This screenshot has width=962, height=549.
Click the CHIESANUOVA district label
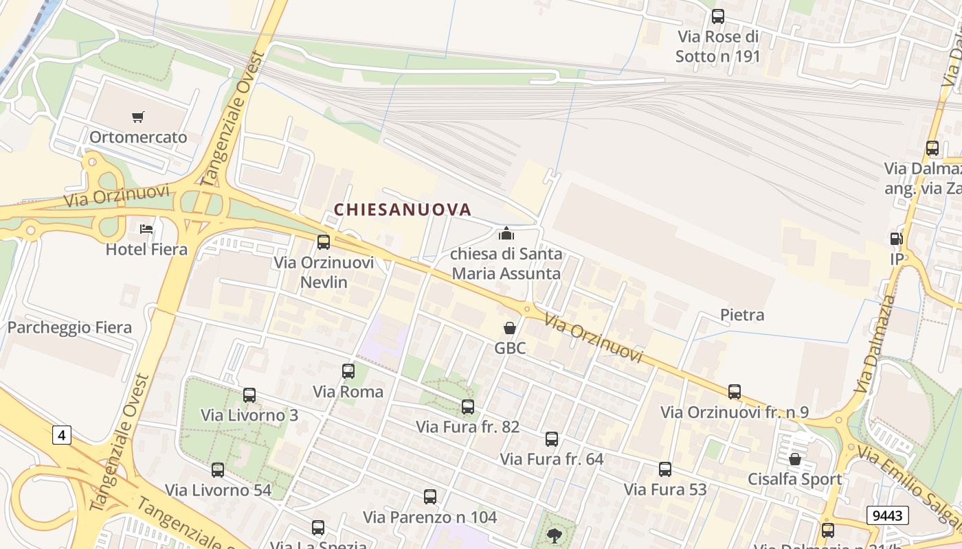(403, 209)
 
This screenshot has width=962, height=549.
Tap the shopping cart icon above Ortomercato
(138, 117)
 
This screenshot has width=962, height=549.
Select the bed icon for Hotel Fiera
(146, 229)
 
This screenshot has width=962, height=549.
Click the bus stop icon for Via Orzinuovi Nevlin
(324, 242)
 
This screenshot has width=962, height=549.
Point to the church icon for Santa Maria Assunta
(506, 233)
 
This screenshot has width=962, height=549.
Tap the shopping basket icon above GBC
(510, 328)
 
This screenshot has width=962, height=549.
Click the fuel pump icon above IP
(896, 239)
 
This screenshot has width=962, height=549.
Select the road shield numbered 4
(62, 434)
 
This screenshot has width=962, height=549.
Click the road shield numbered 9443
(887, 515)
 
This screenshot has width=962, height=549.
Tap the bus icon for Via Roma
(348, 371)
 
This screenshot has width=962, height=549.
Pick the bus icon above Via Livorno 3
(249, 395)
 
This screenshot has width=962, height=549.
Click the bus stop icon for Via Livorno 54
(218, 470)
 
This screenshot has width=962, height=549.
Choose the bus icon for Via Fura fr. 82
(468, 406)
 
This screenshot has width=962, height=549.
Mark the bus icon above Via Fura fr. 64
(552, 439)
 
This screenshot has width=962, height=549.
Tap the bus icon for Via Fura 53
(665, 469)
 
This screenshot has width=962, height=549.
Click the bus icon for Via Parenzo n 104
(430, 496)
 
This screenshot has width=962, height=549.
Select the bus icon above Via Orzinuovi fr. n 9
(735, 392)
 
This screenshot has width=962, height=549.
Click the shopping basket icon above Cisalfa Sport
(795, 458)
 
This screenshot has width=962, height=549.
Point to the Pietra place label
(742, 315)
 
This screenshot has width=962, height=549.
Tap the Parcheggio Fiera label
(69, 327)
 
